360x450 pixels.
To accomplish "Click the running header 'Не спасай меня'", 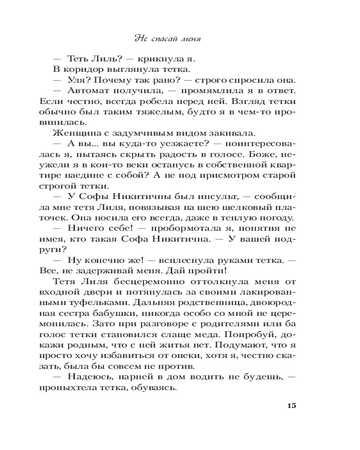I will click(167, 39).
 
